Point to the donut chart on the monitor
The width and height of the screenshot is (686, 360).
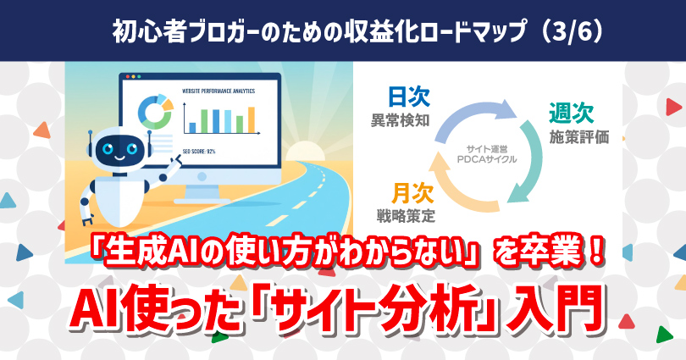pos(155,109)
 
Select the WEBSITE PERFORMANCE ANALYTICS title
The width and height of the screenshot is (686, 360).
pos(218,90)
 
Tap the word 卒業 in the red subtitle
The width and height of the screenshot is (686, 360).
pos(543,259)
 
